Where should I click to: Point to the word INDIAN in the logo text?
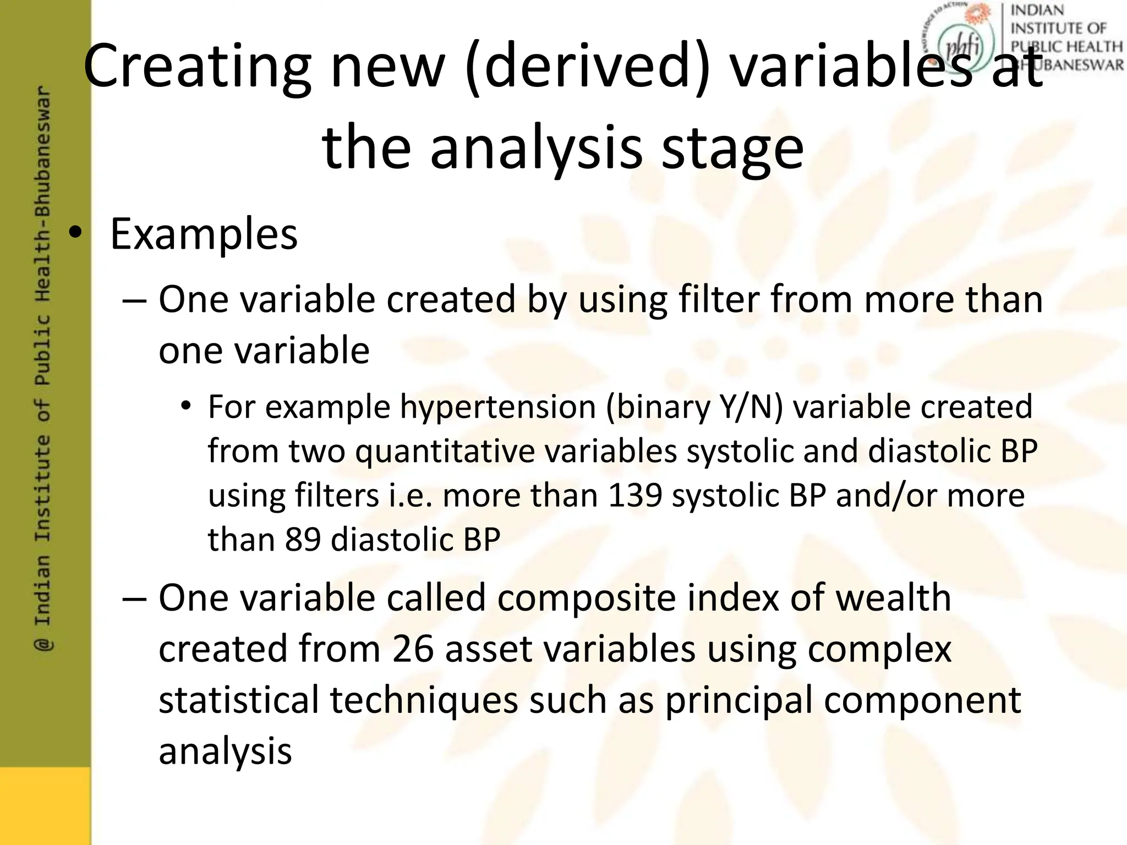1037,10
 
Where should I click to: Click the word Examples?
204,234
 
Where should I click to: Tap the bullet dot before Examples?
75,234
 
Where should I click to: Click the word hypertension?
498,407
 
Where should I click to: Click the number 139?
634,495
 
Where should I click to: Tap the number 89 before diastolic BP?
303,539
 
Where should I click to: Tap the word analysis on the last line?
225,751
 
